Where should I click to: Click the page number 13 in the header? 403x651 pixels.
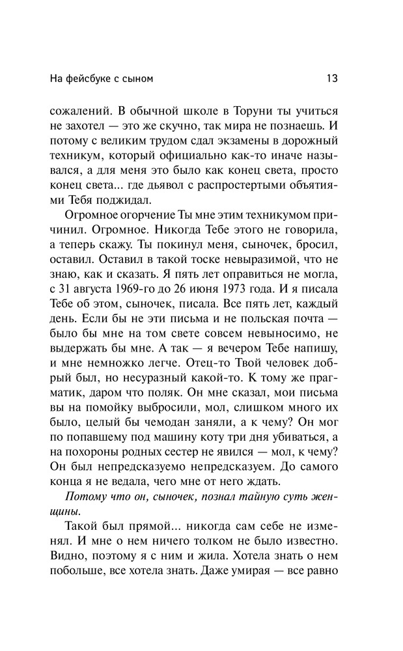coord(331,79)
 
